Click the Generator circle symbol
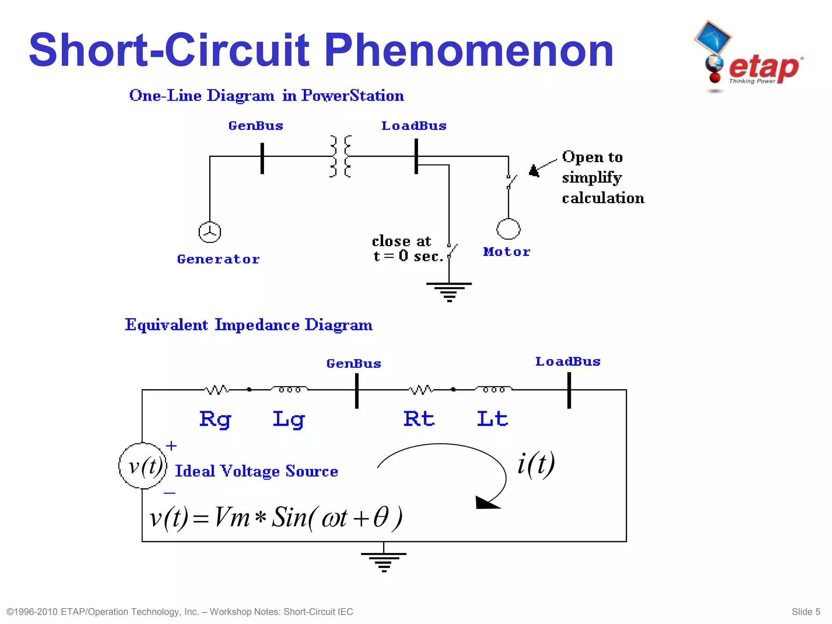[210, 232]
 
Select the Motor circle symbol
[508, 229]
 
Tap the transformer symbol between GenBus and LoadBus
[340, 156]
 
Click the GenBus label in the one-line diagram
[256, 126]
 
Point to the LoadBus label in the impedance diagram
[568, 362]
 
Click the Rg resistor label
[215, 419]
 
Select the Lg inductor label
[288, 419]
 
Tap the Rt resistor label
[419, 419]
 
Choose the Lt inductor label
[492, 419]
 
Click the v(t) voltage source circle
[143, 466]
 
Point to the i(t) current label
[536, 464]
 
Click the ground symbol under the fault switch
[449, 292]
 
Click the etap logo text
[764, 67]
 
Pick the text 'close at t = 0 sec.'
[407, 249]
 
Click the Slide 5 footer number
[806, 612]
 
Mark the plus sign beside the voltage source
[171, 446]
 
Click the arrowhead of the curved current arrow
[486, 503]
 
